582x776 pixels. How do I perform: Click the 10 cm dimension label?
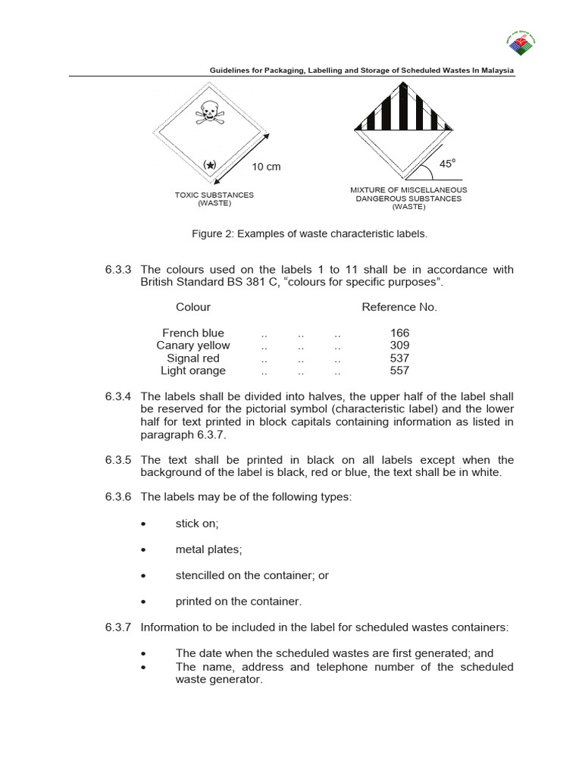(266, 167)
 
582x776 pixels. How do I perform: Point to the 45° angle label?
(449, 163)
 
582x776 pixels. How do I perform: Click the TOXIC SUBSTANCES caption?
(214, 195)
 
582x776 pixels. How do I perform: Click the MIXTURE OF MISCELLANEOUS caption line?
(408, 189)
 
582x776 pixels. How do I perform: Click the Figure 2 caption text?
(309, 234)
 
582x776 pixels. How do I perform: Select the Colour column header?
(193, 307)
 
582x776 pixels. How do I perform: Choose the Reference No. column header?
(399, 307)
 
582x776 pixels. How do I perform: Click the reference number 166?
(399, 333)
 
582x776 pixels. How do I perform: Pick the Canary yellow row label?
(193, 346)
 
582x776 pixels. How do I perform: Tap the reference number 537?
(399, 358)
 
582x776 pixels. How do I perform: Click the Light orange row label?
(193, 371)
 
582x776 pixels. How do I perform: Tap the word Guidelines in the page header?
(232, 70)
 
